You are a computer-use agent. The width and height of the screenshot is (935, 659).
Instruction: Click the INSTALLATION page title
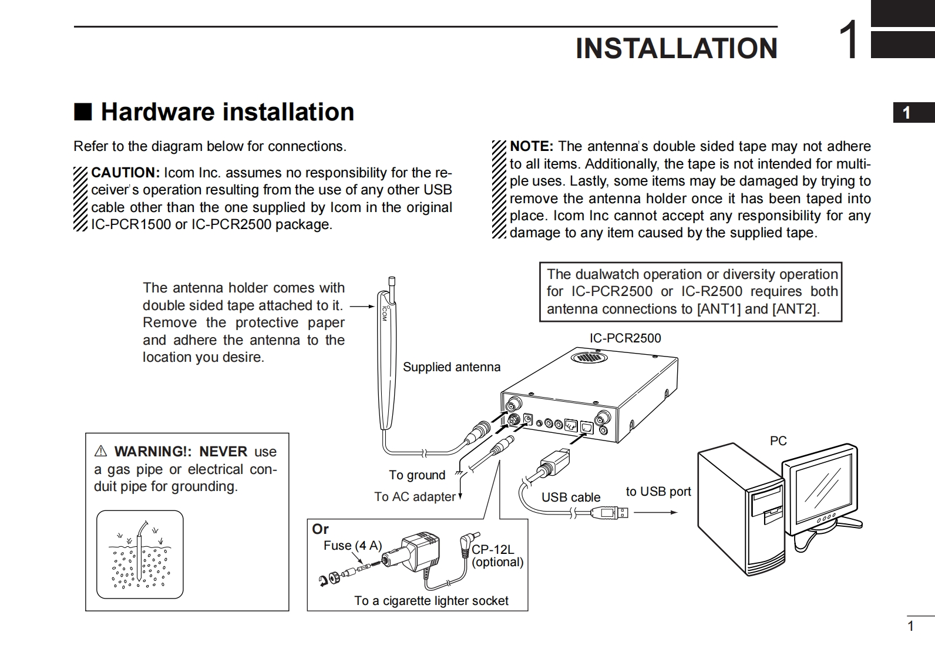pos(676,48)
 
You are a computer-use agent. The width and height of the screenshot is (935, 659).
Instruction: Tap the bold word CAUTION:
pos(125,173)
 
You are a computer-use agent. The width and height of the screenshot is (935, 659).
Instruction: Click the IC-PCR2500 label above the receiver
pos(625,338)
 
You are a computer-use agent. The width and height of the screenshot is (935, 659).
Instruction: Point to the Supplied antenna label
pos(451,367)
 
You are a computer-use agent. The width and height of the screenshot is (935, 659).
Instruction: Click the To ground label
pos(417,475)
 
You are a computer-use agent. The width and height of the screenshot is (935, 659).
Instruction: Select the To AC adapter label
pos(415,497)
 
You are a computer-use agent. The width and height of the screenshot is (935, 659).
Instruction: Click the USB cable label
pos(570,497)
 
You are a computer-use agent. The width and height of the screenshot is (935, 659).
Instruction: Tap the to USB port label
pos(658,492)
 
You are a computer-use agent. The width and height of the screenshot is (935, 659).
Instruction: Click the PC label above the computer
pos(778,441)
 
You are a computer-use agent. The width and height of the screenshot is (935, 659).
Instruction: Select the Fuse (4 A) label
pos(352,546)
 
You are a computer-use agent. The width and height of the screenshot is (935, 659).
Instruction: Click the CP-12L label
pos(492,550)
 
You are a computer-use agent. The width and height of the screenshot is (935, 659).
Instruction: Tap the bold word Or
pos(320,529)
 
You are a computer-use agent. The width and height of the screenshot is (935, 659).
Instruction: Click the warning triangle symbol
pos(100,452)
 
